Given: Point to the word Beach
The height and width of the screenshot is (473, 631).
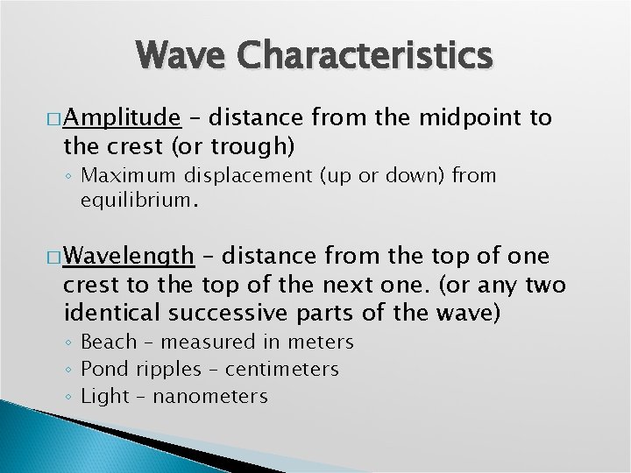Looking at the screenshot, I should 109,342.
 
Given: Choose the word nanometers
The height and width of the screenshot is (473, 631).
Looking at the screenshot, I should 210,396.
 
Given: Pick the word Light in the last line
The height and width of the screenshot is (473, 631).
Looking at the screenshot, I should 105,396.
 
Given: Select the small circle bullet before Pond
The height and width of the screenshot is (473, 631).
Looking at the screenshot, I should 70,370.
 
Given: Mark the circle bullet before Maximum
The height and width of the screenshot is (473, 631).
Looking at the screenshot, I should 70,176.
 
